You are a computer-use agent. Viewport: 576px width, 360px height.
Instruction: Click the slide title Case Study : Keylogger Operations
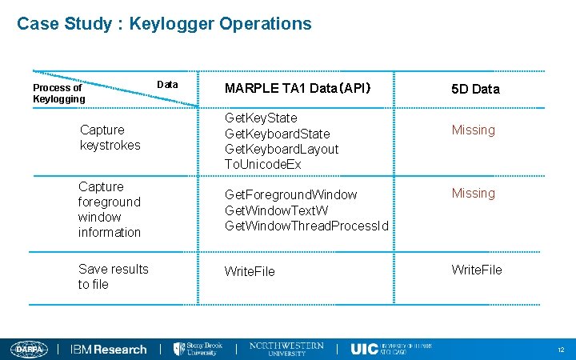coord(164,24)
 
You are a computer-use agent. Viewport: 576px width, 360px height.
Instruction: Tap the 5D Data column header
coord(475,89)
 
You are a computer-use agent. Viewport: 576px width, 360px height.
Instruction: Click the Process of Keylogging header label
coord(58,93)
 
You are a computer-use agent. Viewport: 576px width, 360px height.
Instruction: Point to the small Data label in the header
coord(167,84)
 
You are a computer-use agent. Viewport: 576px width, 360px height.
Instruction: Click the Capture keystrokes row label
coord(110,138)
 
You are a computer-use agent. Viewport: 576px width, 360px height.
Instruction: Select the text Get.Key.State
coord(261,118)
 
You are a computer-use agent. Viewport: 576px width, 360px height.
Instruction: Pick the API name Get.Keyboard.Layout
coord(282,149)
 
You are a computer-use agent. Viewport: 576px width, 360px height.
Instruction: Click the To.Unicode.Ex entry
coord(263,164)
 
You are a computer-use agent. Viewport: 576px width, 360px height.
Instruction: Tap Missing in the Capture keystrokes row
coord(474,130)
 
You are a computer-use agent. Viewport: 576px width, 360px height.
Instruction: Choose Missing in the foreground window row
coord(474,193)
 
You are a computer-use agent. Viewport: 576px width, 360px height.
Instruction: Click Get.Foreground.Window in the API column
coord(291,194)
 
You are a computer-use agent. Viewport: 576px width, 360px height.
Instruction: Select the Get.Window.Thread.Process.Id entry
coord(306,226)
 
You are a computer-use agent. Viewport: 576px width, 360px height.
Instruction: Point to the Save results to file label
coord(113,277)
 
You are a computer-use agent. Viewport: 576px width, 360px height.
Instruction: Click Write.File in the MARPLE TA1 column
coord(250,271)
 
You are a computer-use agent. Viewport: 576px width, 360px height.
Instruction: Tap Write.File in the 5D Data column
coord(477,270)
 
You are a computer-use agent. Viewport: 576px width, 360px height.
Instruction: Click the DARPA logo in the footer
coord(30,349)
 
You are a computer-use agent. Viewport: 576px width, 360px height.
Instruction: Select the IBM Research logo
coord(109,350)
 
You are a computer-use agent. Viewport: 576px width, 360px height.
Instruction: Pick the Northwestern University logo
coord(287,349)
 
